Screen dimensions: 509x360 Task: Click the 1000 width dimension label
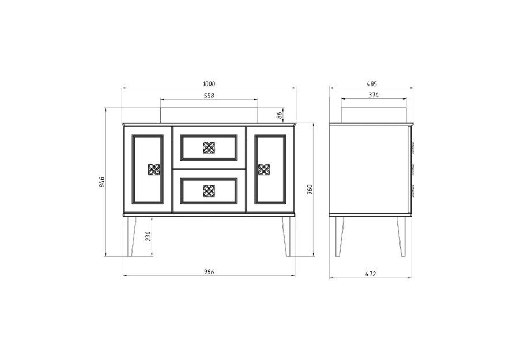(209, 84)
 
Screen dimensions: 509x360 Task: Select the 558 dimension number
(209, 96)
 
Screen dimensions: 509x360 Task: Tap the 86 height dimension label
(280, 115)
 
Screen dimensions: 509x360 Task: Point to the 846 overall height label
(101, 182)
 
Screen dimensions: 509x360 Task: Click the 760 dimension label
(310, 189)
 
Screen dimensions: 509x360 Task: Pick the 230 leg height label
(148, 236)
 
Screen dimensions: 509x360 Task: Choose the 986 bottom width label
(209, 272)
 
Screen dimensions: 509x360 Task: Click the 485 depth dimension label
(372, 84)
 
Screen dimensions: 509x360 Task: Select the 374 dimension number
(374, 96)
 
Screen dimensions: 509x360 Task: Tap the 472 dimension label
(371, 274)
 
